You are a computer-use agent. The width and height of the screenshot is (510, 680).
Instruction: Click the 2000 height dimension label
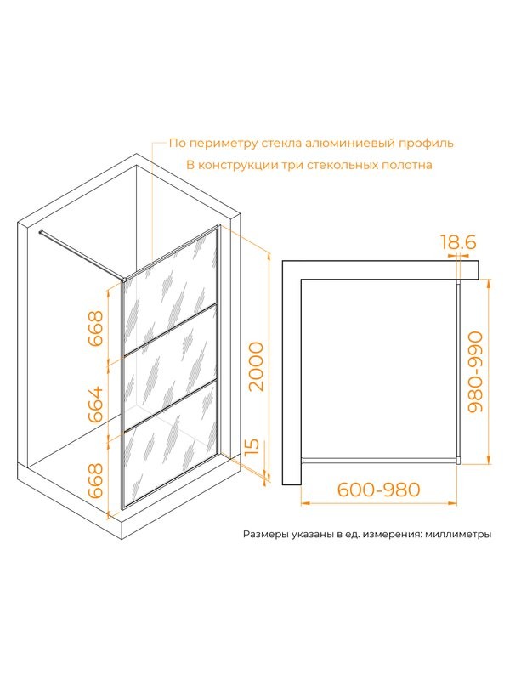click(x=257, y=366)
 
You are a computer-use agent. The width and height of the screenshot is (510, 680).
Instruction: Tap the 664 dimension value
click(x=96, y=405)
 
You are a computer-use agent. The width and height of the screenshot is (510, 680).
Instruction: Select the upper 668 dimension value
click(x=96, y=328)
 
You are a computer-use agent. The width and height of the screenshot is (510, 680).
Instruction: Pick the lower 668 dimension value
click(x=96, y=481)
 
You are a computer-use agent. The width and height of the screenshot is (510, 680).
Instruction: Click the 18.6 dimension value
click(x=458, y=242)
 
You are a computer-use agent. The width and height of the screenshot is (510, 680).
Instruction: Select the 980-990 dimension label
click(x=476, y=371)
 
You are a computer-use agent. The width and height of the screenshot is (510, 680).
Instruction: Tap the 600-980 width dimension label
click(x=378, y=490)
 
